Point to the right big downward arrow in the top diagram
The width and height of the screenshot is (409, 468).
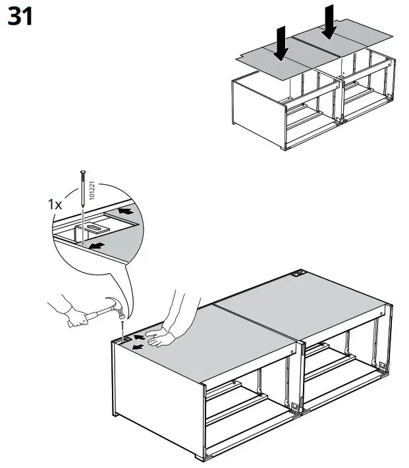[330, 22]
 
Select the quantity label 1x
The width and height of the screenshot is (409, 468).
[55, 205]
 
